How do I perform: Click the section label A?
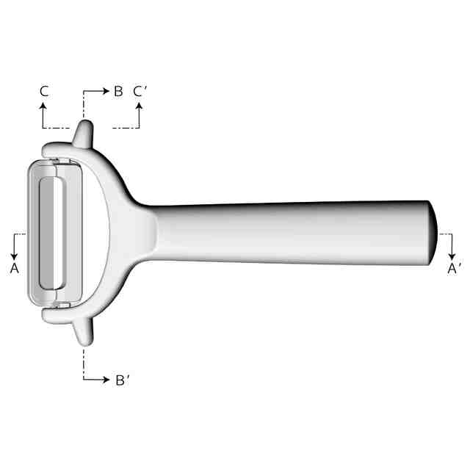tap(15, 268)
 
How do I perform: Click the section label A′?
tap(455, 269)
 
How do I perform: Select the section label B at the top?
tap(118, 91)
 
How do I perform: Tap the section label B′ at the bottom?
tap(123, 380)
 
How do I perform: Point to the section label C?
tap(44, 91)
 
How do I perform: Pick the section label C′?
tap(140, 91)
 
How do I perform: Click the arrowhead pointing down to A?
tap(14, 256)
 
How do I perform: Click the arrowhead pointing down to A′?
tap(452, 256)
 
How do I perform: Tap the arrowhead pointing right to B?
tap(106, 91)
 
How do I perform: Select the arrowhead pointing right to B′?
tap(106, 380)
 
